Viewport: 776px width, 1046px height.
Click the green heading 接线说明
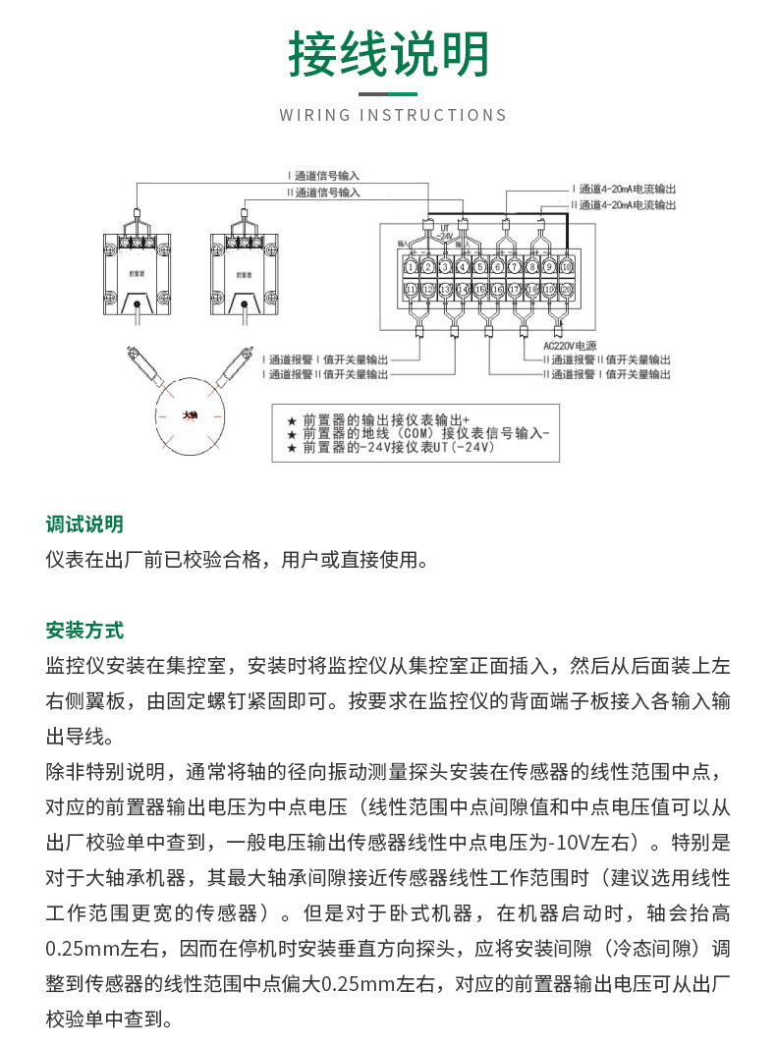pyautogui.click(x=388, y=55)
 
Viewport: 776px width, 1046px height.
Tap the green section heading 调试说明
pyautogui.click(x=84, y=524)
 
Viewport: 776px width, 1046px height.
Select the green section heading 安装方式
pyautogui.click(x=84, y=630)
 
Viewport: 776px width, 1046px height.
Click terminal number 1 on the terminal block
pyautogui.click(x=411, y=266)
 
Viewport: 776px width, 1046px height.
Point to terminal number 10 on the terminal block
pyautogui.click(x=566, y=266)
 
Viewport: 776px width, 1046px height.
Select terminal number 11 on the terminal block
pyautogui.click(x=411, y=290)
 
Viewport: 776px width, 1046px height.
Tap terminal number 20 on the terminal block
pyautogui.click(x=566, y=290)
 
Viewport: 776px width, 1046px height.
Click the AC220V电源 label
pyautogui.click(x=570, y=346)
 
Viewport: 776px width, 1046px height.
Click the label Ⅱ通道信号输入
pyautogui.click(x=324, y=193)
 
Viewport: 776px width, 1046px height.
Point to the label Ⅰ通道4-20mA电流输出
pyautogui.click(x=625, y=189)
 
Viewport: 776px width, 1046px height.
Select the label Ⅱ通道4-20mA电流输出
pyautogui.click(x=625, y=205)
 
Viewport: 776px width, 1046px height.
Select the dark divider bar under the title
pyautogui.click(x=388, y=94)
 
